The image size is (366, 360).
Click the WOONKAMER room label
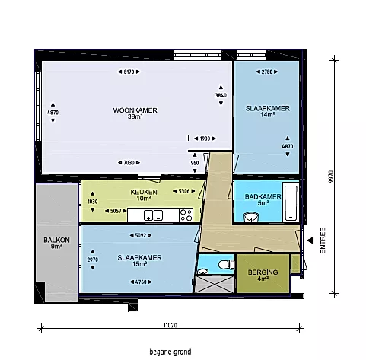tap(135, 110)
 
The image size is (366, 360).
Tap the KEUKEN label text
tap(144, 192)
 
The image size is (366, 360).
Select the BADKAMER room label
tap(263, 197)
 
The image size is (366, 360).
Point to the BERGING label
tap(263, 272)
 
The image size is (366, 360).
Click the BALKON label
tap(56, 240)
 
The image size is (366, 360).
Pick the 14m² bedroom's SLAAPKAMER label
tap(267, 108)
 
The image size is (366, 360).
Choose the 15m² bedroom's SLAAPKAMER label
tap(139, 258)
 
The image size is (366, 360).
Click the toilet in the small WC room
tap(225, 264)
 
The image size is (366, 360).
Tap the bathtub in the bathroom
tap(291, 203)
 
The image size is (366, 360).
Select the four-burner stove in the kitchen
tap(186, 215)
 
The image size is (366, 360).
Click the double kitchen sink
tap(153, 215)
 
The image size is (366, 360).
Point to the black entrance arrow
tap(310, 241)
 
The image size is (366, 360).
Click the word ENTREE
tap(323, 241)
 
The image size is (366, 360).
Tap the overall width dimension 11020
tap(170, 325)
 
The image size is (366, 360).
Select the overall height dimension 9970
tap(330, 177)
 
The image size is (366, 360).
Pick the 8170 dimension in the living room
tap(129, 72)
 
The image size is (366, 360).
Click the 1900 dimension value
tap(205, 139)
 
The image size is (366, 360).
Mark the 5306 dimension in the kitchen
tap(184, 191)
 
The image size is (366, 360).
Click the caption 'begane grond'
tap(170, 352)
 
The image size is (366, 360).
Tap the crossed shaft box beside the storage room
tap(215, 285)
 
